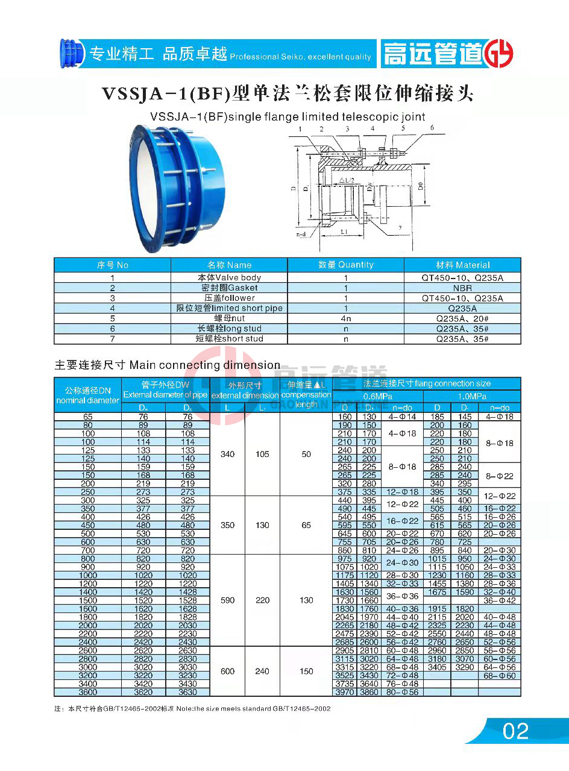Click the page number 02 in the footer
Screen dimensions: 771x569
(515, 731)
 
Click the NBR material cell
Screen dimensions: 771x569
(462, 288)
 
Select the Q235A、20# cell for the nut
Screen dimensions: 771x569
(462, 318)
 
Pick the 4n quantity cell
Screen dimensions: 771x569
(346, 318)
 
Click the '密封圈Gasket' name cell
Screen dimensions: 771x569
(229, 288)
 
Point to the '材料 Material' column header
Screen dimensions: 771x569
(462, 265)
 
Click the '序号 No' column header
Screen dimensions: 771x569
(113, 265)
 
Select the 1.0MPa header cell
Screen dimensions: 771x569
(472, 396)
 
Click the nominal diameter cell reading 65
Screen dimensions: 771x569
(88, 417)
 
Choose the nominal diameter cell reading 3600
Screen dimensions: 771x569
(88, 692)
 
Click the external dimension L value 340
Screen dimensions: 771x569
(227, 454)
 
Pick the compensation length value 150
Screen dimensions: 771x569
(306, 671)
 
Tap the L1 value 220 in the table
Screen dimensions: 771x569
(262, 600)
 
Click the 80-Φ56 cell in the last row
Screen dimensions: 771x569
(402, 692)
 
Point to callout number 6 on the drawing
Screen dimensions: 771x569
(432, 128)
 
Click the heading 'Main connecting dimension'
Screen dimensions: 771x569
(205, 365)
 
